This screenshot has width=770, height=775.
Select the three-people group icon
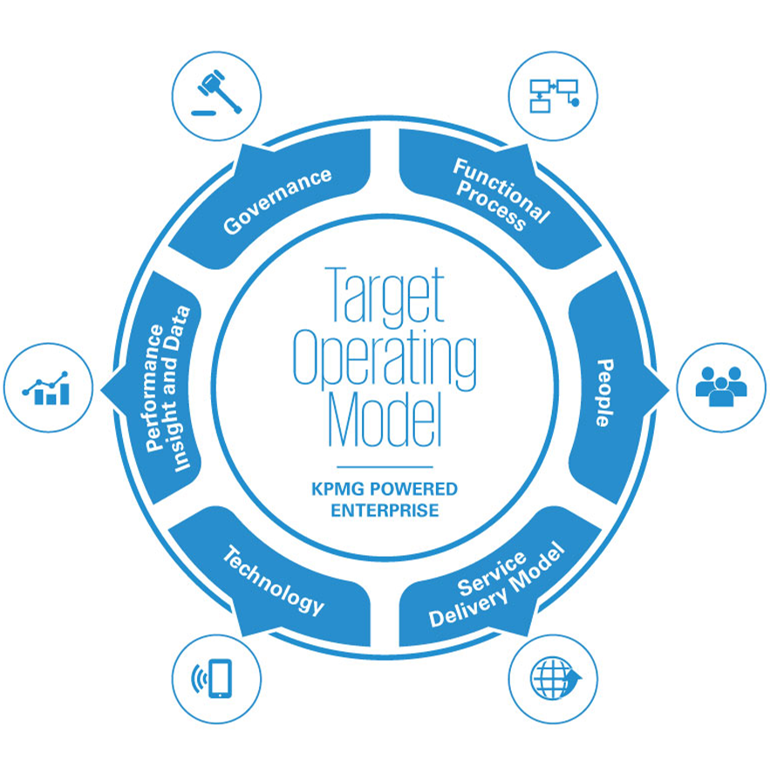tap(721, 387)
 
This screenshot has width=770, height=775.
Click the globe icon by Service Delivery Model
tap(553, 678)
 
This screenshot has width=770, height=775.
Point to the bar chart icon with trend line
tap(48, 387)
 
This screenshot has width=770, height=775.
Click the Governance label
tap(277, 200)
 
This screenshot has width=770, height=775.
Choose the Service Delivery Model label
tap(497, 586)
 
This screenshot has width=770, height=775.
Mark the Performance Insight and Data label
tap(168, 388)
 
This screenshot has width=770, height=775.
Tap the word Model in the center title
tap(384, 417)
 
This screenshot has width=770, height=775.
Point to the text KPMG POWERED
tap(384, 490)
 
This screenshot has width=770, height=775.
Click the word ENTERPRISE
tap(384, 510)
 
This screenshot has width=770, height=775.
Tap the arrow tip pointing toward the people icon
tap(664, 388)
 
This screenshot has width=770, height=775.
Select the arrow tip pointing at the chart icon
tap(106, 389)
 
